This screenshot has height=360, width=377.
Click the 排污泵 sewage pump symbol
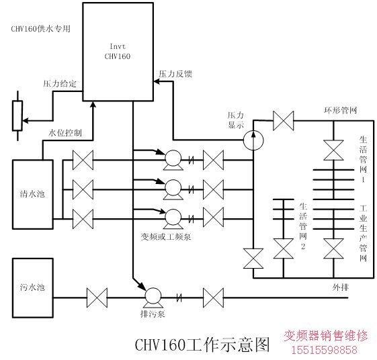click(x=153, y=298)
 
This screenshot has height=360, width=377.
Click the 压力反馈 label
click(x=175, y=74)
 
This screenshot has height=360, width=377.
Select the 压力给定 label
click(x=60, y=84)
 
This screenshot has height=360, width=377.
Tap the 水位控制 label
click(x=65, y=132)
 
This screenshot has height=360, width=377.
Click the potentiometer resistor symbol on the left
click(x=17, y=116)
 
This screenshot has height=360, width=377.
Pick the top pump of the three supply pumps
click(x=173, y=160)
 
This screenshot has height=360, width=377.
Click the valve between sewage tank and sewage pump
click(x=97, y=298)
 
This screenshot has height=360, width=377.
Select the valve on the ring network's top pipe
click(x=284, y=121)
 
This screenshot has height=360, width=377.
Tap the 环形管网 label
click(x=341, y=110)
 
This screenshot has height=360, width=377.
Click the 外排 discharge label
click(x=341, y=287)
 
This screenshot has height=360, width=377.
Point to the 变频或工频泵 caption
click(x=166, y=237)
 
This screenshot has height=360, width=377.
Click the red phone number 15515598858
click(x=325, y=350)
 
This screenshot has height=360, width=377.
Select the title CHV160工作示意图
click(x=202, y=345)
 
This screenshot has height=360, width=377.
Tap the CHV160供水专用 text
click(x=40, y=29)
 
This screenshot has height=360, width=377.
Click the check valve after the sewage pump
click(x=179, y=298)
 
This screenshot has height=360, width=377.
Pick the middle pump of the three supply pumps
click(x=173, y=189)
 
